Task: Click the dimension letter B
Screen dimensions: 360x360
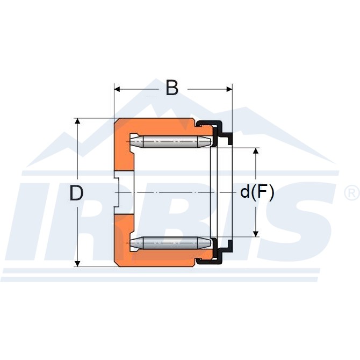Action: (172, 88)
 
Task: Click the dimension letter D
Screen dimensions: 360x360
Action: (76, 193)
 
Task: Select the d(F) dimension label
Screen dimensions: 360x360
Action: (257, 192)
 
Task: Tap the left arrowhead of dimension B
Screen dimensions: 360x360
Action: (117, 89)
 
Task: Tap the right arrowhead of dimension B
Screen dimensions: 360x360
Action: (229, 89)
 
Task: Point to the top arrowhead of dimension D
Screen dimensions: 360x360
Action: (78, 121)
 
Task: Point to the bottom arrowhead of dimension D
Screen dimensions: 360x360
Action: (78, 264)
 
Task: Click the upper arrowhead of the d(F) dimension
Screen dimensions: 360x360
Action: (256, 151)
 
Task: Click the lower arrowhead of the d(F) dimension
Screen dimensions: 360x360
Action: (256, 234)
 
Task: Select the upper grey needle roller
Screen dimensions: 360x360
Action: (170, 142)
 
